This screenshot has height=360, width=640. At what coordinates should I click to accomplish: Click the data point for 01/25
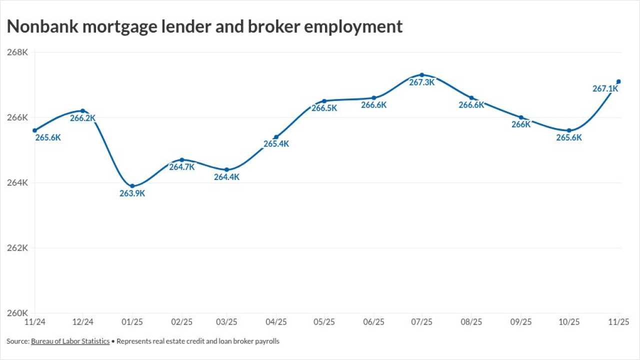click(x=132, y=186)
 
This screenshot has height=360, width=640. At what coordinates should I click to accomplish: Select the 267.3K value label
click(x=422, y=82)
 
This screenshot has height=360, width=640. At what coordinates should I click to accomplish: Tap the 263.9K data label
click(x=132, y=193)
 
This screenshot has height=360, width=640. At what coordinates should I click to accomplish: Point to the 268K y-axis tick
click(x=17, y=52)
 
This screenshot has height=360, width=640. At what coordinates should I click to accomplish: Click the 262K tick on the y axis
click(x=17, y=248)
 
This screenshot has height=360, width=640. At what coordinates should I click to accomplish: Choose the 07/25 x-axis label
click(x=422, y=322)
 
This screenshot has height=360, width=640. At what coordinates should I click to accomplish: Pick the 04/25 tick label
click(x=276, y=322)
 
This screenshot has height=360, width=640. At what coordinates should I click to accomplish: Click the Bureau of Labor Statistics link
click(x=70, y=341)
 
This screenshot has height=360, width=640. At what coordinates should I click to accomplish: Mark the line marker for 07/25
click(x=422, y=75)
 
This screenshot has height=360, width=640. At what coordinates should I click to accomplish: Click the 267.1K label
click(x=605, y=88)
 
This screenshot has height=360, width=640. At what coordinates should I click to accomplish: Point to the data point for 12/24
click(x=83, y=110)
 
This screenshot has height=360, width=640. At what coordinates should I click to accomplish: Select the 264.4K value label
click(x=227, y=177)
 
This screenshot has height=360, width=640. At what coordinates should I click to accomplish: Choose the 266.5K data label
click(x=324, y=108)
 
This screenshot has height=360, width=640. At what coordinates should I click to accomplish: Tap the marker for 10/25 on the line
click(x=569, y=130)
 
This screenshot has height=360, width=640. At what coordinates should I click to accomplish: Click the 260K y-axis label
click(x=17, y=313)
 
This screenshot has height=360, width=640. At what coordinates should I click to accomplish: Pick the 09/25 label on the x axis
click(x=520, y=322)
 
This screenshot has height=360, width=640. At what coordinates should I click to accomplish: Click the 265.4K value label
click(x=276, y=144)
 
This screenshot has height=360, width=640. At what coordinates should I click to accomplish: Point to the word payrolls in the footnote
click(x=267, y=341)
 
